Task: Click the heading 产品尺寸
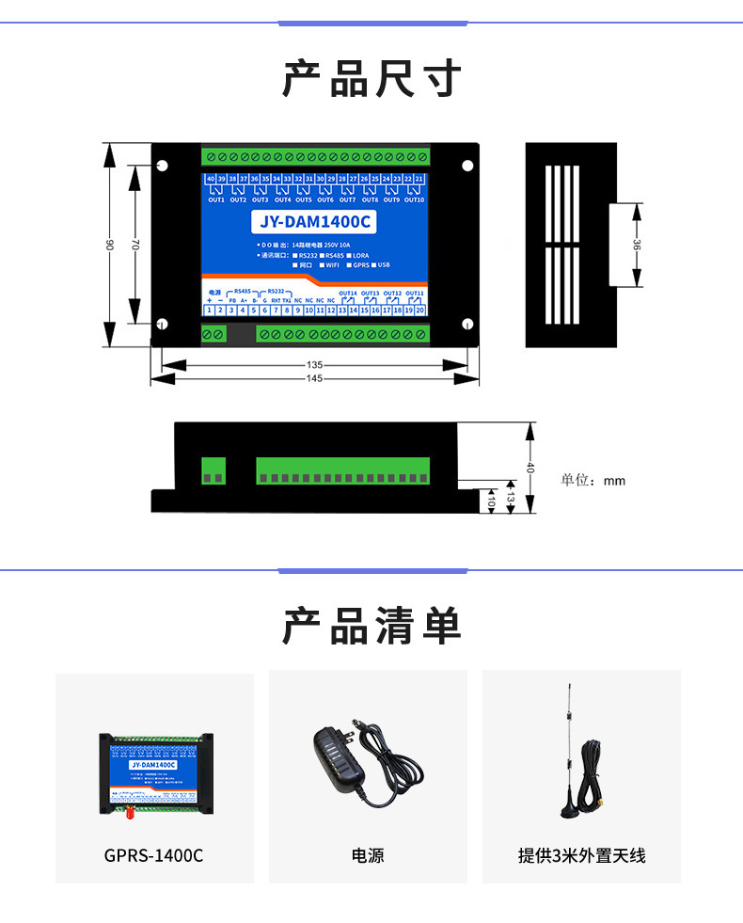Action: click(371, 79)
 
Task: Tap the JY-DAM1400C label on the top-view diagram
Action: click(313, 223)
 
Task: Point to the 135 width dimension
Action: click(315, 364)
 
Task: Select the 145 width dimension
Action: click(315, 378)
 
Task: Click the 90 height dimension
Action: click(110, 245)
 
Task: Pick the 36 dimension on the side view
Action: click(637, 245)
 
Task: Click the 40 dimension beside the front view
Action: click(530, 468)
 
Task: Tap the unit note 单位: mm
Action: click(593, 481)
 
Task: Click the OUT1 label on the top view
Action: click(215, 199)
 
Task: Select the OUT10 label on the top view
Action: click(415, 199)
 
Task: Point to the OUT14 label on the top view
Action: click(348, 293)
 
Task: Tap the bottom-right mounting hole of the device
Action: click(467, 326)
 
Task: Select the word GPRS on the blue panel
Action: click(360, 265)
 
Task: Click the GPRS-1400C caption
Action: click(153, 855)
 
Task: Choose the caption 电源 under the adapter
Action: click(368, 855)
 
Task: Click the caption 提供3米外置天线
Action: click(581, 855)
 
